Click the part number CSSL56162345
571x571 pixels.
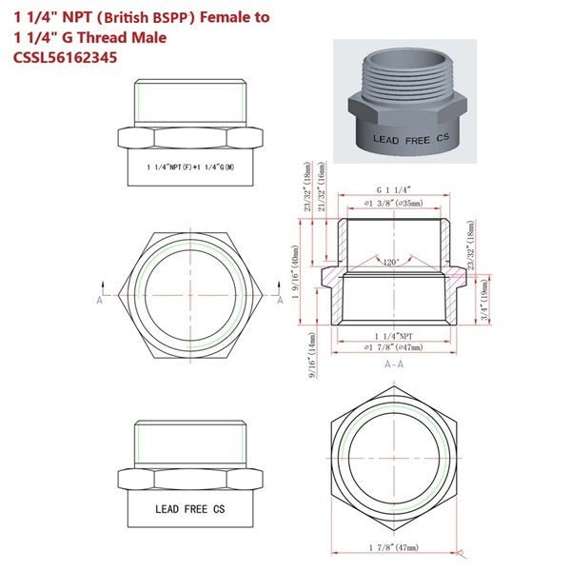70,58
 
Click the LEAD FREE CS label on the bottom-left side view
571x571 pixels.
190,509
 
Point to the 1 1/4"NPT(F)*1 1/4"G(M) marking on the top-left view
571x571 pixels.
190,167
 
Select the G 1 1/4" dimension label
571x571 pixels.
393,189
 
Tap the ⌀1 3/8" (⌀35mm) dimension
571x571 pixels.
393,204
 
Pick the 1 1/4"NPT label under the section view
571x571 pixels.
393,336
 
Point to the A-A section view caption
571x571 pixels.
393,364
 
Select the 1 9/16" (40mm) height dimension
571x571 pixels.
296,276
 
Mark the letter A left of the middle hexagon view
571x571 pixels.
100,299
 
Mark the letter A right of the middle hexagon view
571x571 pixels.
280,299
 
